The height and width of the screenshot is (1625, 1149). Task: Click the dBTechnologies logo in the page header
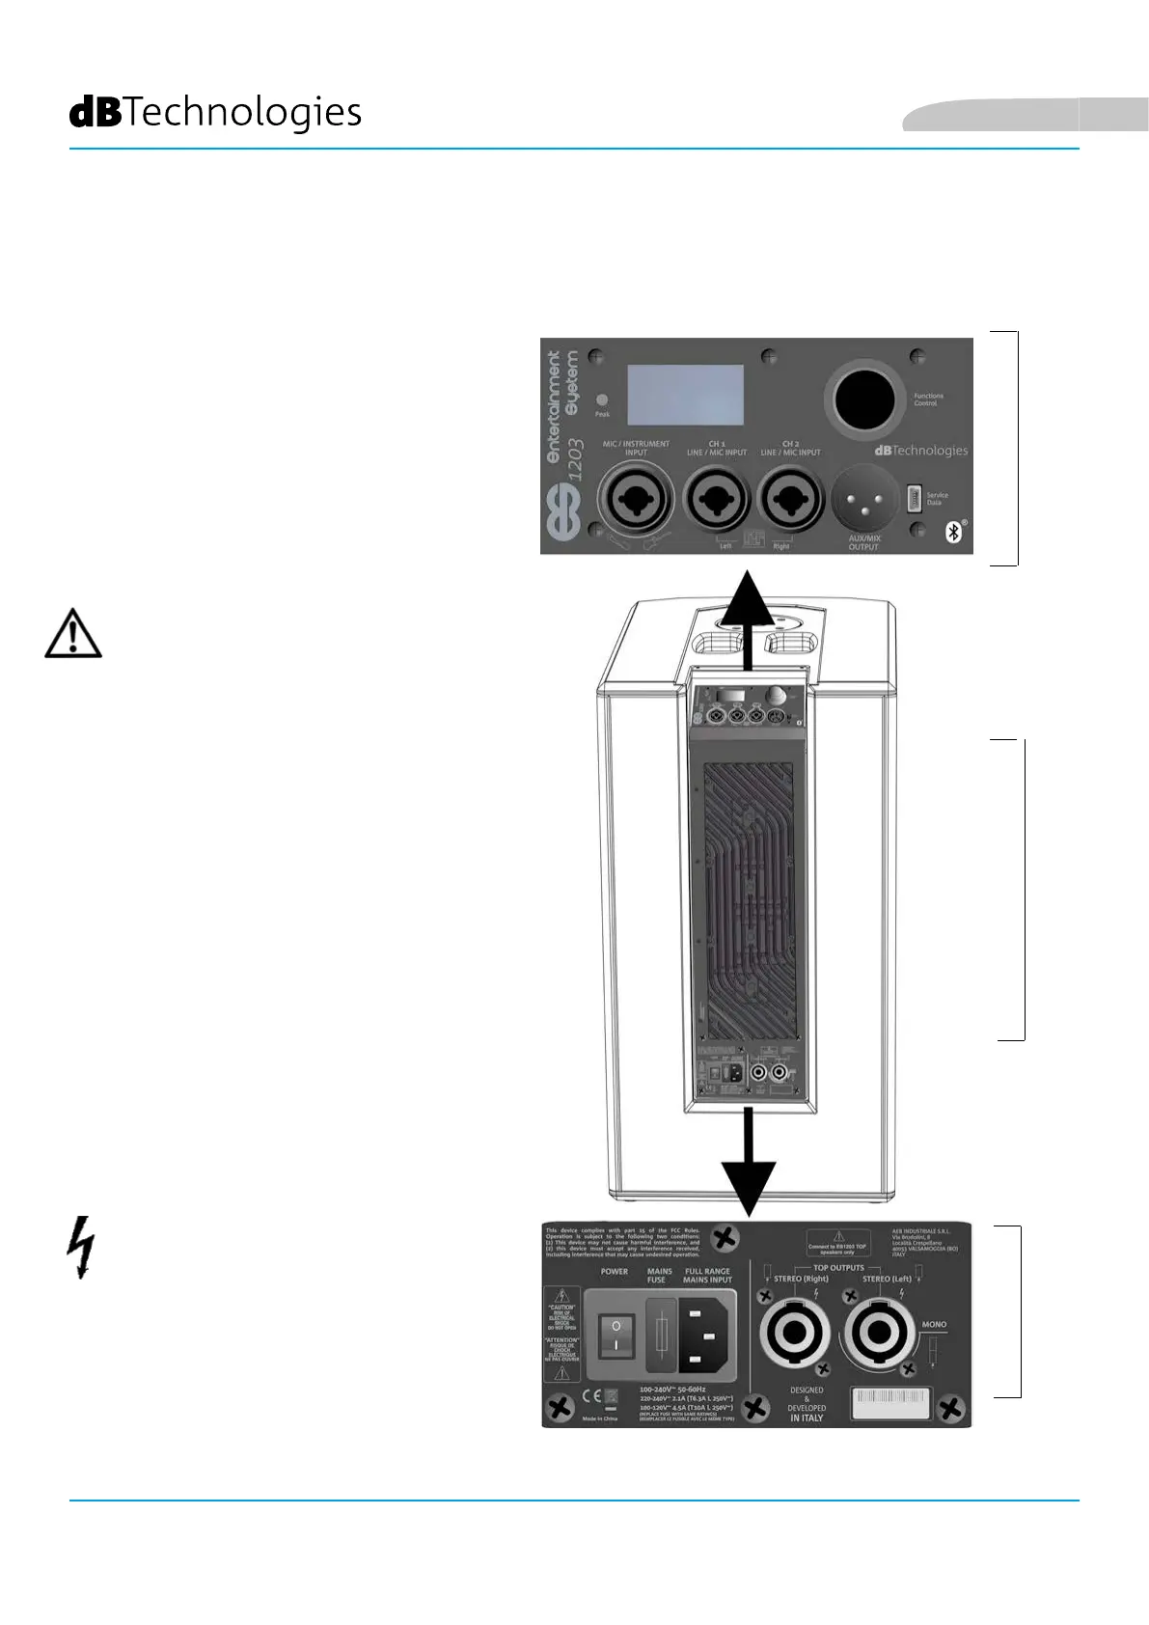pyautogui.click(x=215, y=113)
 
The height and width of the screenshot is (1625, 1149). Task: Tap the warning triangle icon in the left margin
pyautogui.click(x=73, y=635)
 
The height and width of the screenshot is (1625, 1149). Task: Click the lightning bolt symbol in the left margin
pyautogui.click(x=82, y=1247)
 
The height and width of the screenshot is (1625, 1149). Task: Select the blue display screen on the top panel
pyautogui.click(x=685, y=395)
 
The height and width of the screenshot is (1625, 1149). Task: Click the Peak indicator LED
pyautogui.click(x=602, y=399)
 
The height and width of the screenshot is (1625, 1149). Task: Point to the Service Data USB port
pyautogui.click(x=915, y=498)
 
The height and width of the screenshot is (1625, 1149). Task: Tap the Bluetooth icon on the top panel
pyautogui.click(x=953, y=532)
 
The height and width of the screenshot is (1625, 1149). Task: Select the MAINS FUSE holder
pyautogui.click(x=661, y=1336)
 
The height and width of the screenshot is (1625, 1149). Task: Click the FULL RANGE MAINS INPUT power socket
pyautogui.click(x=708, y=1336)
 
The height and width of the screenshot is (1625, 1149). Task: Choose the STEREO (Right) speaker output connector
pyautogui.click(x=794, y=1334)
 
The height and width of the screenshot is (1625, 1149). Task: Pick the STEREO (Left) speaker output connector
pyautogui.click(x=879, y=1334)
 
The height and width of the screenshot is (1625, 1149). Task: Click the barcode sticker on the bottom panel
pyautogui.click(x=890, y=1402)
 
